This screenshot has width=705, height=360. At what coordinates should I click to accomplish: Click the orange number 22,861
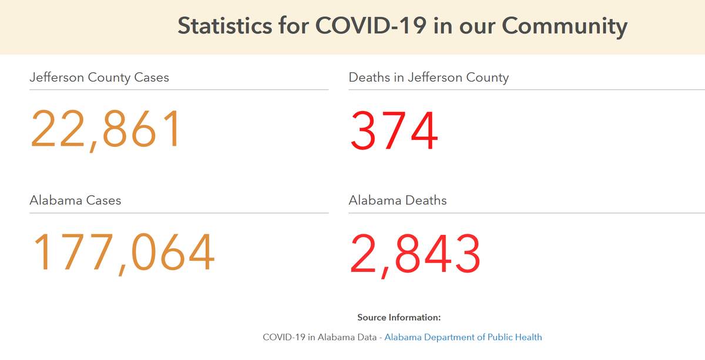click(x=105, y=129)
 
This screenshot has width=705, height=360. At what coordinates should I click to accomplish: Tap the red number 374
click(x=394, y=130)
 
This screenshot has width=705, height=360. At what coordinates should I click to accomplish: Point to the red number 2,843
click(x=415, y=254)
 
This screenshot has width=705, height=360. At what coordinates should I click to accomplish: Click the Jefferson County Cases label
click(x=99, y=78)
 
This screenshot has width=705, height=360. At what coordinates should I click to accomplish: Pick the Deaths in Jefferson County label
click(x=428, y=78)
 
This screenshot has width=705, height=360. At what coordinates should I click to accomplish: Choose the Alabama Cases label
click(x=75, y=201)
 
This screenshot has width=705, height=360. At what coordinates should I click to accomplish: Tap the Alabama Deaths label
click(x=398, y=201)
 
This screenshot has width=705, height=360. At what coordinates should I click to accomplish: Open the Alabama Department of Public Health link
click(x=463, y=337)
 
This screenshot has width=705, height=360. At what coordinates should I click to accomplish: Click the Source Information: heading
click(x=399, y=318)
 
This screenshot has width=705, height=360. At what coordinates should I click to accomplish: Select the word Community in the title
click(x=565, y=26)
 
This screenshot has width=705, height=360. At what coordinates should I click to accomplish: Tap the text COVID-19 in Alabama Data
click(x=320, y=337)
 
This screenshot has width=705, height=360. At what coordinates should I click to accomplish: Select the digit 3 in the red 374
click(x=364, y=130)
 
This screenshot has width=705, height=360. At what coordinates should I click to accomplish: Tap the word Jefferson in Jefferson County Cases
click(x=57, y=78)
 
